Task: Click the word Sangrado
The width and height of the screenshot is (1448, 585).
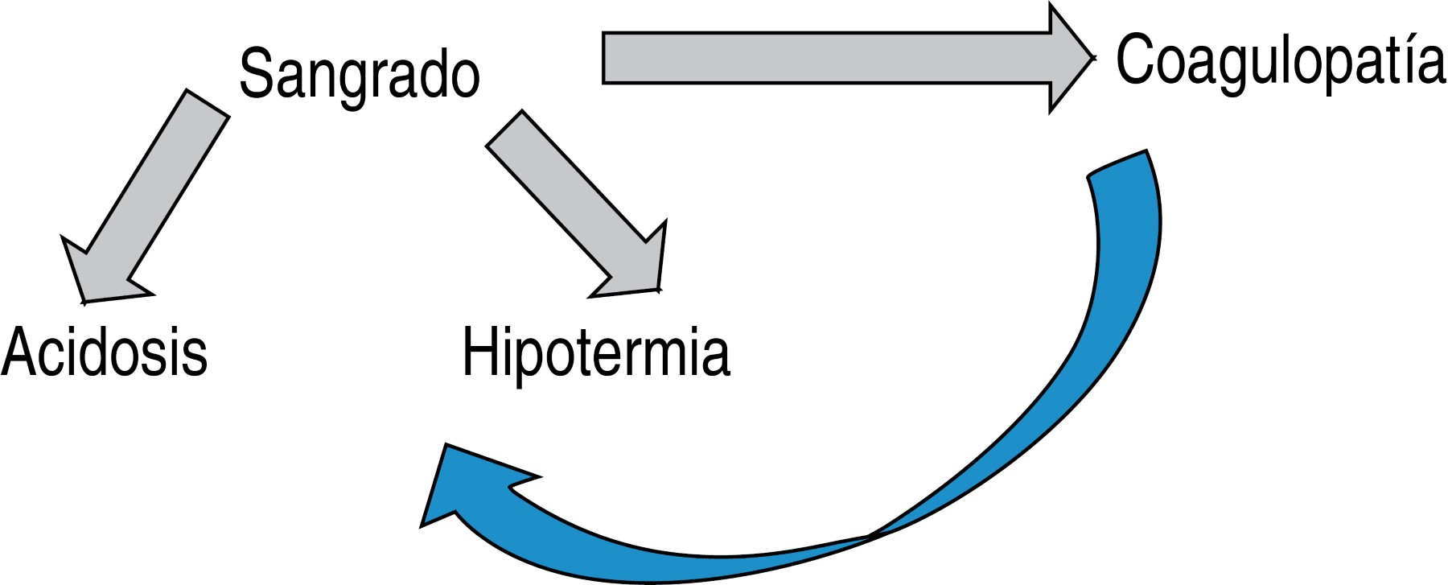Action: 360,74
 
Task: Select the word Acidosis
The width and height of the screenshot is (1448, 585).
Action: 105,352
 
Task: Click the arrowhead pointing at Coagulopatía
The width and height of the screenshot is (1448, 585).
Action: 1070,58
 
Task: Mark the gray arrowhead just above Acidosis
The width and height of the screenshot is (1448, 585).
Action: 101,278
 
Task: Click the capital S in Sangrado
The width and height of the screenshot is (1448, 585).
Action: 256,74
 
